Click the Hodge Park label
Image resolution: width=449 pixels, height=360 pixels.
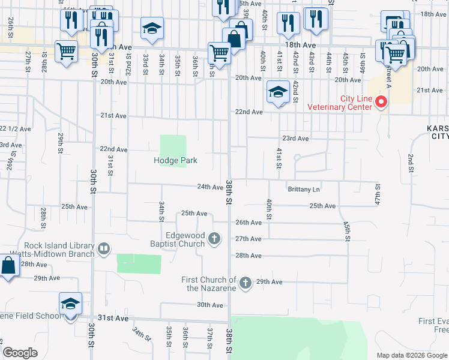click(x=175, y=160)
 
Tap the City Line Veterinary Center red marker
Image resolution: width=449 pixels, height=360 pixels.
click(x=380, y=103)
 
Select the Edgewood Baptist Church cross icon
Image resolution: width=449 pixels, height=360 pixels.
click(x=214, y=240)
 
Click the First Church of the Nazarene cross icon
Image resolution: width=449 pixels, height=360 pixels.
click(x=245, y=283)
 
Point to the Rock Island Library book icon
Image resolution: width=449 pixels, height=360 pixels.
click(x=104, y=248)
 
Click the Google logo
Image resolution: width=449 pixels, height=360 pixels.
click(x=20, y=353)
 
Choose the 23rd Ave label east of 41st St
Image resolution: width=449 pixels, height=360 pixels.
click(x=295, y=138)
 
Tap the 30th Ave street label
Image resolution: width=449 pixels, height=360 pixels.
click(x=209, y=305)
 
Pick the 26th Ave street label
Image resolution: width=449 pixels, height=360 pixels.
click(x=249, y=222)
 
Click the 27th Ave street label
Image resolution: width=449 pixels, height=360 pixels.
click(x=249, y=239)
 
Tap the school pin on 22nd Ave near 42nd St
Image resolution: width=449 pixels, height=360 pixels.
click(x=278, y=93)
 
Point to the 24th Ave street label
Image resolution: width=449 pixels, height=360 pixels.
click(x=210, y=187)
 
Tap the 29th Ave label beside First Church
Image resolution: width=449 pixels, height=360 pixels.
click(x=269, y=281)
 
